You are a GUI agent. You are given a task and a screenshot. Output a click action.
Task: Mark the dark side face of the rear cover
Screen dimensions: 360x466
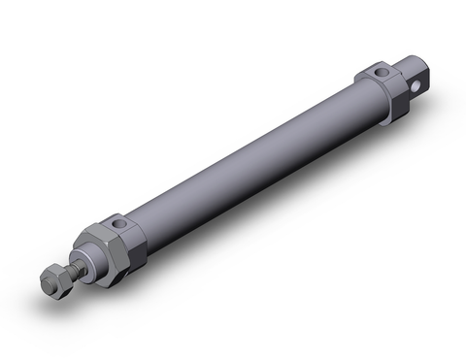(x=399, y=102)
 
